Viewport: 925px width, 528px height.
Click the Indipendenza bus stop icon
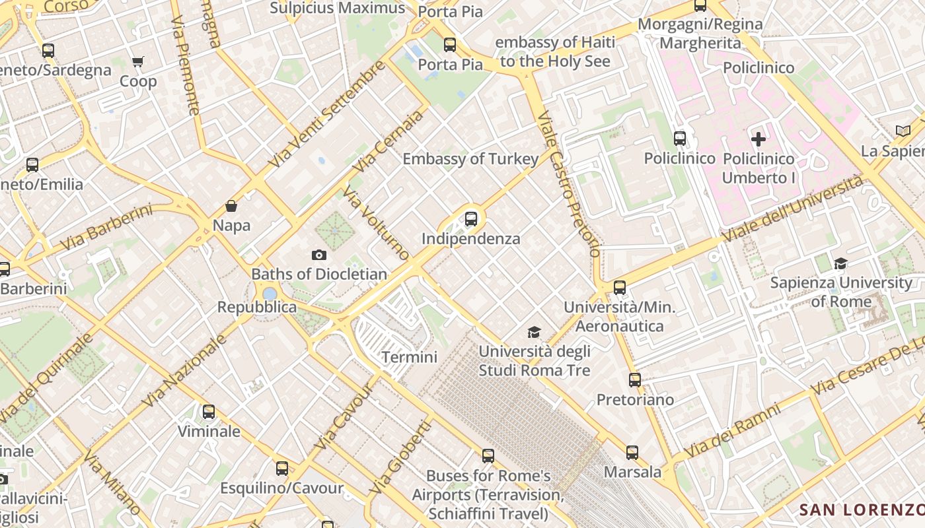tap(470, 218)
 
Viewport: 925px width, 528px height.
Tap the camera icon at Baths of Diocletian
tap(318, 255)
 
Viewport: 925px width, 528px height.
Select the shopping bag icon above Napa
tap(231, 206)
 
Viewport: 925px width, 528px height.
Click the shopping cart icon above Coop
tap(138, 62)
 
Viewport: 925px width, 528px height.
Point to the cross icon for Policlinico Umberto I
tap(758, 139)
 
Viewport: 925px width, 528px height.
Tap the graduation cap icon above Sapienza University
tap(840, 263)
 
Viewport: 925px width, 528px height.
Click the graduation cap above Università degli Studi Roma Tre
tap(534, 332)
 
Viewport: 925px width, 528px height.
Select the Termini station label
tap(410, 357)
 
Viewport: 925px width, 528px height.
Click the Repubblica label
tap(257, 308)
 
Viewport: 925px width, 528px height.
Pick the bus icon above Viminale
tap(209, 412)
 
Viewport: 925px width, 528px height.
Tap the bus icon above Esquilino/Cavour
tap(282, 469)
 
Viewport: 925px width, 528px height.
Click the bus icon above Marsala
tap(632, 453)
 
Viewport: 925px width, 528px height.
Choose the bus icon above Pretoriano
tap(635, 380)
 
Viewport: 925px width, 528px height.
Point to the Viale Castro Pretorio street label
tap(569, 184)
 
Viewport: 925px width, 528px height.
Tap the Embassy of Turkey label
tap(470, 159)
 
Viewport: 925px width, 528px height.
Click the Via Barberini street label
tap(106, 228)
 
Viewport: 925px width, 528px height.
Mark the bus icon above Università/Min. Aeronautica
tap(619, 288)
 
